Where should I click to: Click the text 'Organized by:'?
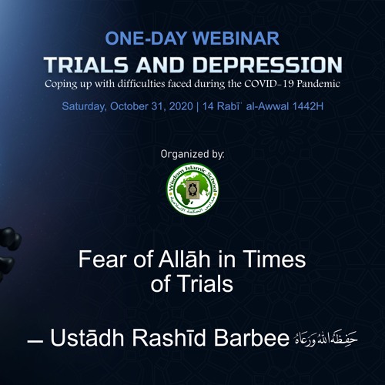pos(192,154)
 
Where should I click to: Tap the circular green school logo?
pos(192,189)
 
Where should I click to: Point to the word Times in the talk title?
pos(277,259)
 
